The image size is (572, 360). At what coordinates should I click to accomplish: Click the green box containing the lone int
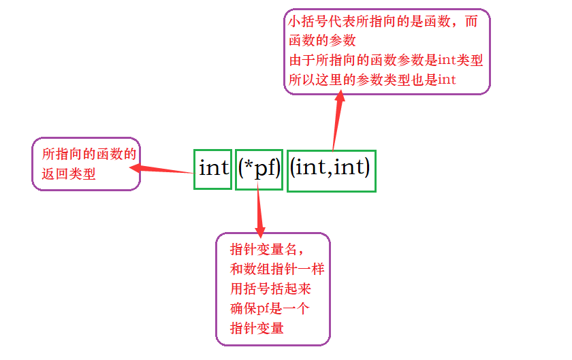[212, 169]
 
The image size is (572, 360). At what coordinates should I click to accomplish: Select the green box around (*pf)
[259, 169]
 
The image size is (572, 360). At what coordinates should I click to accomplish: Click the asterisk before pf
[250, 165]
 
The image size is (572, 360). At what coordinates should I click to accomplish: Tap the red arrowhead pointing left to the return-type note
[136, 167]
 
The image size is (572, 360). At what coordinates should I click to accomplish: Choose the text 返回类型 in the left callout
[68, 174]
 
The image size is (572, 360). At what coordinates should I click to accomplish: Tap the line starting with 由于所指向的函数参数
[385, 61]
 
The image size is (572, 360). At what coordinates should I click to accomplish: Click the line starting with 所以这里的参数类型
[372, 80]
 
